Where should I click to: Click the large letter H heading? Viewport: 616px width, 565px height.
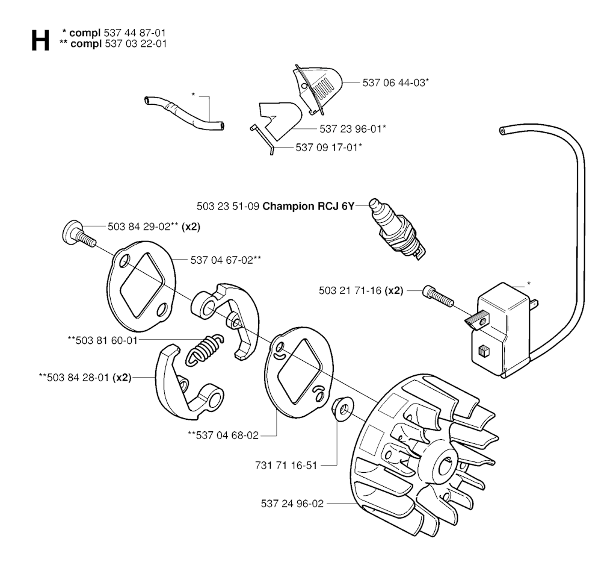tap(40, 40)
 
